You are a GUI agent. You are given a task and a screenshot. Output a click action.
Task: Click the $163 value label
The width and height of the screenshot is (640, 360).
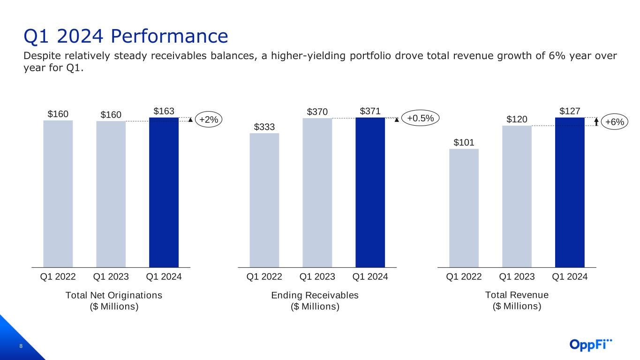[164, 111]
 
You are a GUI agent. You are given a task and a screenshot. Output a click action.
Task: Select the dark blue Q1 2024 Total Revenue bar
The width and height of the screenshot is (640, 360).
[570, 192]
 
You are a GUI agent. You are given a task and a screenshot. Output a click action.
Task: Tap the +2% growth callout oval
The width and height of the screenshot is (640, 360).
[209, 120]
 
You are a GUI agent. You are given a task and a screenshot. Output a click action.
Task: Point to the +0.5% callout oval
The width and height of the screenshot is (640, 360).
[420, 118]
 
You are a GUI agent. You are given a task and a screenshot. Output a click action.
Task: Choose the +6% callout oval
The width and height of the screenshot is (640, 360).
[615, 122]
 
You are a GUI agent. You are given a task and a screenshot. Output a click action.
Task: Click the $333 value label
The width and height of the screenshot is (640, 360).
[264, 127]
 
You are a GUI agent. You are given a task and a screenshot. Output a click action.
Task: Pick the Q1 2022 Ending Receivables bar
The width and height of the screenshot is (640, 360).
[264, 200]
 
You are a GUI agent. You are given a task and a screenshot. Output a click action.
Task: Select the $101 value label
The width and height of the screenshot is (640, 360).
[464, 142]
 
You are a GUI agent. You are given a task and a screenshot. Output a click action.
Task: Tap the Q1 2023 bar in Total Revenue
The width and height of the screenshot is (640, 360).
[517, 196]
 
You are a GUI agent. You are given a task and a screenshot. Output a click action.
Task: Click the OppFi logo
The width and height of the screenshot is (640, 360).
[591, 345]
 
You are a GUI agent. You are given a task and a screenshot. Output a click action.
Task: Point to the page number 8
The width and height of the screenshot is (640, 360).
[21, 346]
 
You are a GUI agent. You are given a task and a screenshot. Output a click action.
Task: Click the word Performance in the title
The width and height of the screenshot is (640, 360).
[169, 36]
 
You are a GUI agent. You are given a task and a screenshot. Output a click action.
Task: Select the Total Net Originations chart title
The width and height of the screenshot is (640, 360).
[114, 300]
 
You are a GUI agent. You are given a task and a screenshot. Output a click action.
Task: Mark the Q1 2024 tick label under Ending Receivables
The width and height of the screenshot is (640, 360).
[370, 277]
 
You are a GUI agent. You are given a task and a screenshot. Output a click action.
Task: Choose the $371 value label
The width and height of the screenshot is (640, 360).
[370, 111]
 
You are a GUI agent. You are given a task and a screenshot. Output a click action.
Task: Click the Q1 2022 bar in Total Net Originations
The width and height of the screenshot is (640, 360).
[58, 194]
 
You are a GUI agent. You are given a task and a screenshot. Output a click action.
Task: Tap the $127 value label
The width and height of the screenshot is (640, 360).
[570, 111]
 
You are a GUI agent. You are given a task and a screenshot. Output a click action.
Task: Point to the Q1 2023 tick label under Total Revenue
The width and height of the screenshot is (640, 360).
[517, 277]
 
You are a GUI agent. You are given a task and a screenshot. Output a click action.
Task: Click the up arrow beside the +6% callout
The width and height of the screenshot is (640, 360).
[596, 122]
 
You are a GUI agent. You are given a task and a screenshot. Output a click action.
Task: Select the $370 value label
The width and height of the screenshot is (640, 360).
[317, 112]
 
